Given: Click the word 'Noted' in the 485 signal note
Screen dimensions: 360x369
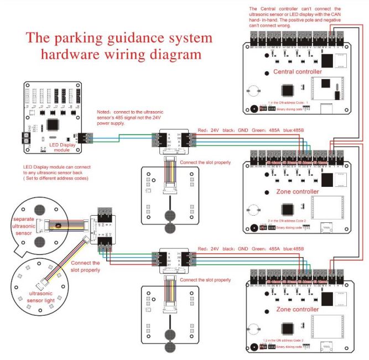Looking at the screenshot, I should tap(105, 112).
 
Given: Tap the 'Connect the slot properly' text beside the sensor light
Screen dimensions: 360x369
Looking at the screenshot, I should tap(85, 267).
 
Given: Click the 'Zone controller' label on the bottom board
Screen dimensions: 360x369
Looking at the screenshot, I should tap(297, 309).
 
